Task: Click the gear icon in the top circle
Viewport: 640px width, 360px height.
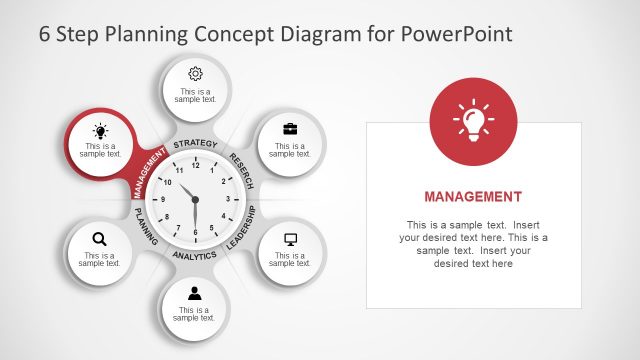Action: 195,73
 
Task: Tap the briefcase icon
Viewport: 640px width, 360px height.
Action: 290,128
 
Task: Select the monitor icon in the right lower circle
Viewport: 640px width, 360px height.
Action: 291,239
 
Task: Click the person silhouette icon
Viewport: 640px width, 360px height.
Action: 195,293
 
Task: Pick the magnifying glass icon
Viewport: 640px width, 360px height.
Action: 99,238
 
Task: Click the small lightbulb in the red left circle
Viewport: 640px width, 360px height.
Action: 100,130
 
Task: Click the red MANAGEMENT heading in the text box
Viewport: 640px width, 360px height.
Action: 473,196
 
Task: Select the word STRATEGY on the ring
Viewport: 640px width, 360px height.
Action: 195,144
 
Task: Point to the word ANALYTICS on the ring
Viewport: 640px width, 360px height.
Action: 195,256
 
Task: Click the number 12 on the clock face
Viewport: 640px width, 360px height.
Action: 195,165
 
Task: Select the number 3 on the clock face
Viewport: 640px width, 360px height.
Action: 228,199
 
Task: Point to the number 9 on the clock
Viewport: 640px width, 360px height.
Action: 162,199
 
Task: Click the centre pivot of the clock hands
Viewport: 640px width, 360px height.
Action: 195,199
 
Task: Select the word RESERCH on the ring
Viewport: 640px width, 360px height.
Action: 243,168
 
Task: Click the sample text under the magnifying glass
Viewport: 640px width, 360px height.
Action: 99,260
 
